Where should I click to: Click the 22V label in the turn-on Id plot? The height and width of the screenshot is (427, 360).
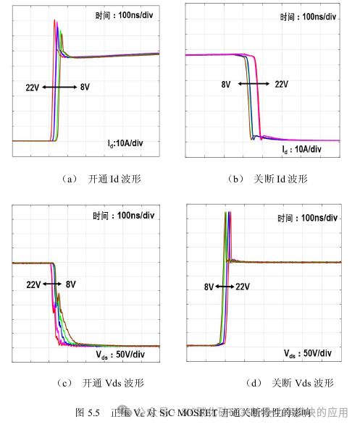[32, 88]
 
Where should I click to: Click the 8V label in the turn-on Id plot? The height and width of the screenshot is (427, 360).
[84, 88]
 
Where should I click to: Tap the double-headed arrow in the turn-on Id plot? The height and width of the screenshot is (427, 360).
[59, 88]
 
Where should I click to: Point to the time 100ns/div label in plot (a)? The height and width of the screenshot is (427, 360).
[123, 16]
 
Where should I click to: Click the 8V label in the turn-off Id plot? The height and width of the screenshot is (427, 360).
[227, 84]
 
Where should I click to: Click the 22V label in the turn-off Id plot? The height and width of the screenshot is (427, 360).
[282, 84]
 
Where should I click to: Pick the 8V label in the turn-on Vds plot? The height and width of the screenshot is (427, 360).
[71, 284]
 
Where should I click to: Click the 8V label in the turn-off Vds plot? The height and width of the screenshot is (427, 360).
[209, 287]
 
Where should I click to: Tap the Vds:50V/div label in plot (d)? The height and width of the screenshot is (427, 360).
[308, 353]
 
